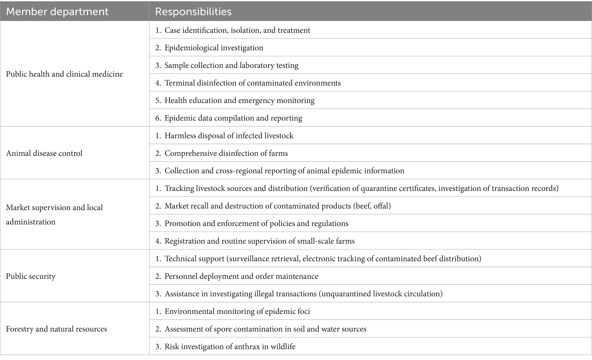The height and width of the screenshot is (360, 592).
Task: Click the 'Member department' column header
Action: [x=57, y=11]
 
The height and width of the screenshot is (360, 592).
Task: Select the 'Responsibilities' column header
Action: [x=193, y=11]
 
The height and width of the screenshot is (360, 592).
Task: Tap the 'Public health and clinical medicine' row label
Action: [x=64, y=74]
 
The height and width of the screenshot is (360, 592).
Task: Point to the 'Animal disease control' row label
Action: [x=44, y=153]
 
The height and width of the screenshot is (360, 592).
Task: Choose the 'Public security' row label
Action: [x=31, y=276]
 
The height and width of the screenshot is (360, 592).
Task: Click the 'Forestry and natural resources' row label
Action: [x=56, y=329]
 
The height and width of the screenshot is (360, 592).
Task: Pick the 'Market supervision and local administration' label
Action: [x=54, y=215]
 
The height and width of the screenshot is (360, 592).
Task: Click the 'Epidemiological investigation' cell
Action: [x=214, y=48]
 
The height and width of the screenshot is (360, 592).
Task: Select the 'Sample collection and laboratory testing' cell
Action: [x=231, y=65]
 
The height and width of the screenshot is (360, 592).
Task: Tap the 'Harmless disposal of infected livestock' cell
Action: [x=229, y=135]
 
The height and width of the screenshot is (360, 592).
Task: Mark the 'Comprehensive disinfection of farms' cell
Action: [x=226, y=153]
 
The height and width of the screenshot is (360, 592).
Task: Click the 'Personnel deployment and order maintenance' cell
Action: [x=241, y=276]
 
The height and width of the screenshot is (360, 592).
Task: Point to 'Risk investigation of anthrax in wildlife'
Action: [x=230, y=347]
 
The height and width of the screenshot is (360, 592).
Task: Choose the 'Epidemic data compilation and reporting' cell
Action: [x=233, y=118]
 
